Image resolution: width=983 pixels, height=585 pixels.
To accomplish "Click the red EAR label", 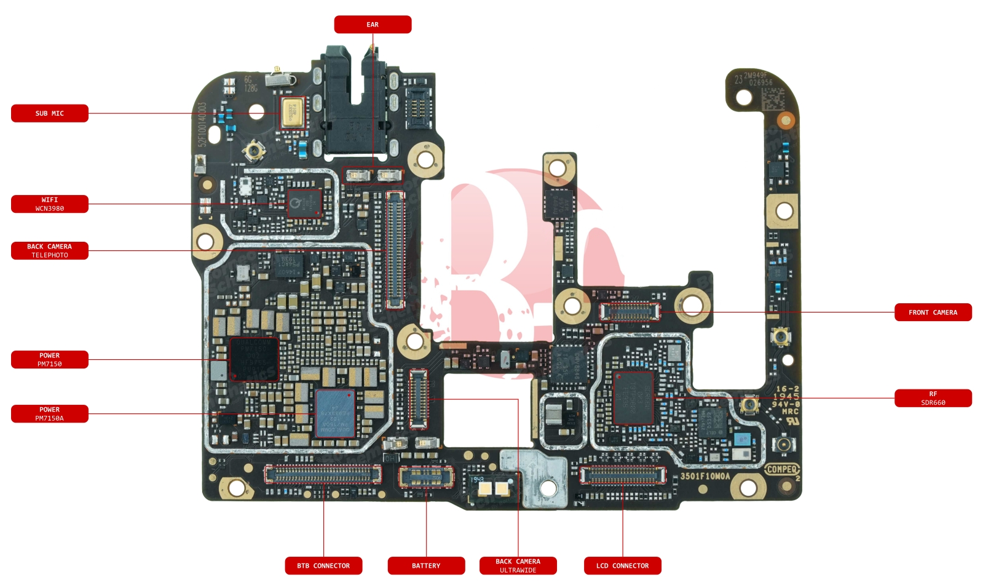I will click(x=373, y=25).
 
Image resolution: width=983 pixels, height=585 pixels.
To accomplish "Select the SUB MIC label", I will click(x=50, y=113).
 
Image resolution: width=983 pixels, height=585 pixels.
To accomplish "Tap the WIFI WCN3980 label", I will click(x=50, y=204).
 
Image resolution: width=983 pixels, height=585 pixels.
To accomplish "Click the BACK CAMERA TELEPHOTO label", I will click(x=50, y=251).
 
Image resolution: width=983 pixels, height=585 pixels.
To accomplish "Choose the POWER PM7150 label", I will click(x=50, y=360).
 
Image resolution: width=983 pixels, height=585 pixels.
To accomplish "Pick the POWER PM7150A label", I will click(x=50, y=414).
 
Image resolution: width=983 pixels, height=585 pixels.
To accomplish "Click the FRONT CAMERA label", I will click(x=933, y=312).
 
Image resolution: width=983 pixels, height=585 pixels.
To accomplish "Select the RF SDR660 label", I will click(x=933, y=399).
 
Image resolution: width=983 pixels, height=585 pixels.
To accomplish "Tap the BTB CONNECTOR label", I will click(x=323, y=566).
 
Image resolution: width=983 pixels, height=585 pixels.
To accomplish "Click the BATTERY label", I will click(x=426, y=566).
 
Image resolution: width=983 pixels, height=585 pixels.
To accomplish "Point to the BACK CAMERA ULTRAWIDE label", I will click(x=518, y=566).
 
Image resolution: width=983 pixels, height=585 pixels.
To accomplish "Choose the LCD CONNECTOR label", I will click(x=622, y=566).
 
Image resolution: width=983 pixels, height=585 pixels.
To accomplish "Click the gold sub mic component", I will click(x=293, y=113).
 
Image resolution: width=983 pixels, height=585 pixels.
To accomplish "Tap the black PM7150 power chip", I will click(x=254, y=359).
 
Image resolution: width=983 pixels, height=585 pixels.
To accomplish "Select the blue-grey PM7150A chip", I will click(x=335, y=413).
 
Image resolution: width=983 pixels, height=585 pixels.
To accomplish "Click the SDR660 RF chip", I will click(x=633, y=398).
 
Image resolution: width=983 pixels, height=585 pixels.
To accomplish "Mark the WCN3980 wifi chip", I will click(x=304, y=203).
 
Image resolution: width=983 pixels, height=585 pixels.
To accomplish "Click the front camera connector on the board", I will click(x=630, y=312).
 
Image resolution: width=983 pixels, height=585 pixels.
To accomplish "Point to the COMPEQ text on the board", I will click(x=781, y=469).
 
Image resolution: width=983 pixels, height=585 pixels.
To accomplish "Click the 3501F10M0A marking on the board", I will click(x=705, y=476).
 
